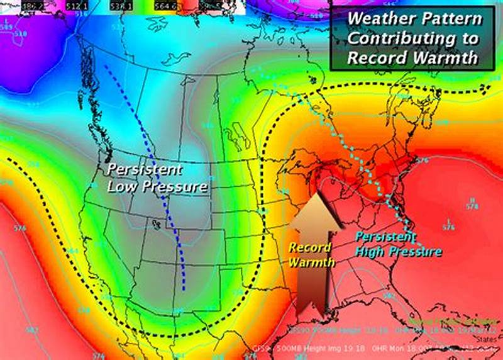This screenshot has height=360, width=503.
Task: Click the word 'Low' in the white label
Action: pos(122,186)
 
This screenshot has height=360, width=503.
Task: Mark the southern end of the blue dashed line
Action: pos(184,289)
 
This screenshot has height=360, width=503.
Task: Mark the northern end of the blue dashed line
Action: pos(106,65)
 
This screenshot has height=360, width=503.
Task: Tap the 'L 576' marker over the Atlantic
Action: pos(448,224)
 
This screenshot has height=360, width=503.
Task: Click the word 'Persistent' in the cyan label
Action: pos(385,237)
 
